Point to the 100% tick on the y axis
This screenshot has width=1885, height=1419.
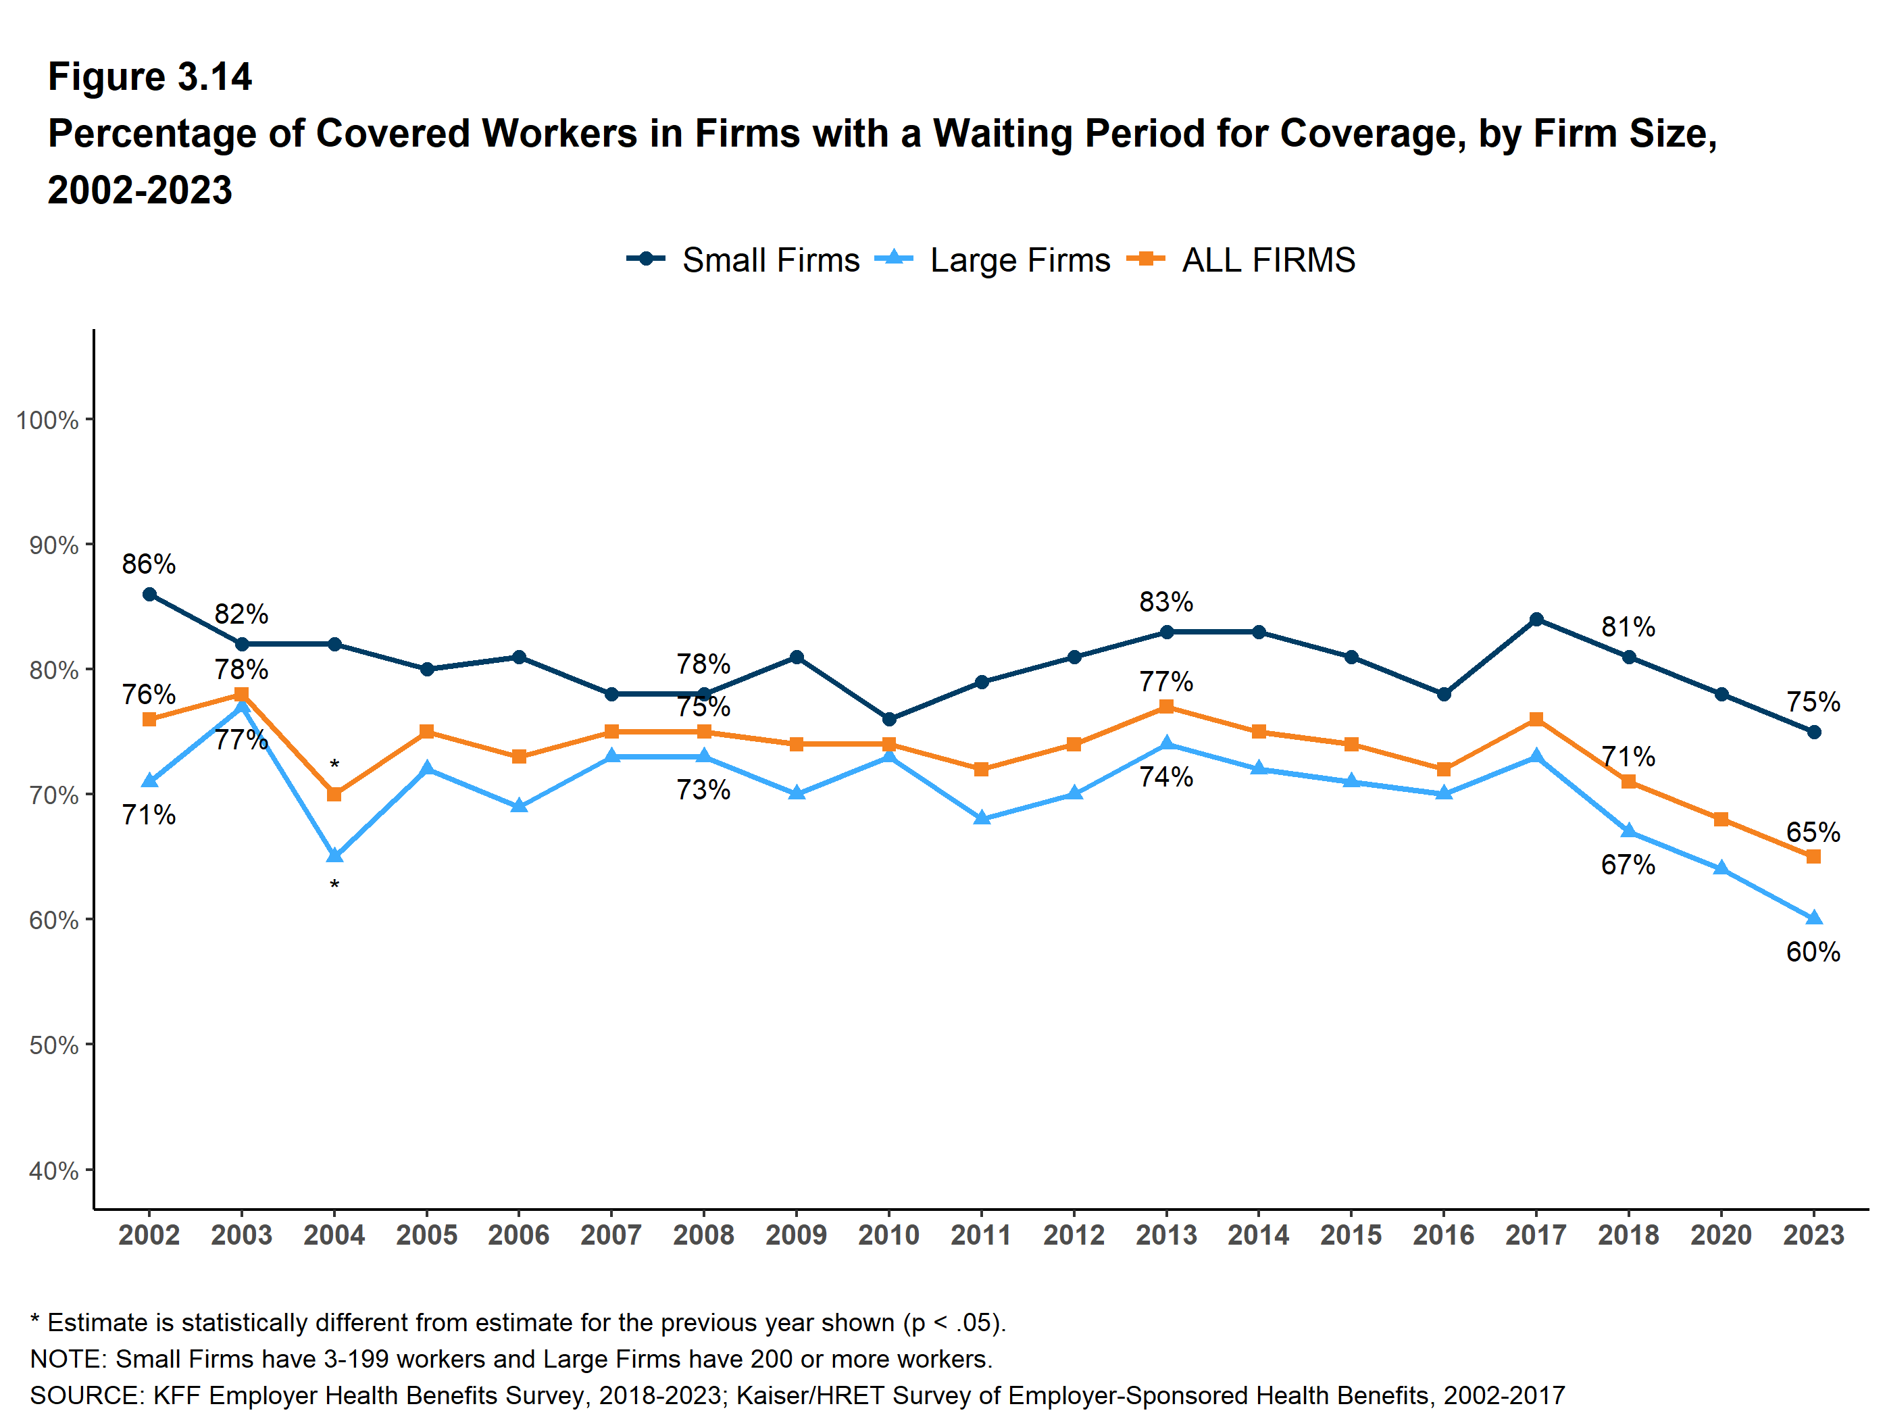pos(48,420)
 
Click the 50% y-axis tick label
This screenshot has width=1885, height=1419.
pos(53,1046)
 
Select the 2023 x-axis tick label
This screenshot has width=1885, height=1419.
pos(1813,1235)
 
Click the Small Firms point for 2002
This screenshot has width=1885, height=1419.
pos(149,594)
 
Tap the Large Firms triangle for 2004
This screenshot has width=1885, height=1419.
pos(334,855)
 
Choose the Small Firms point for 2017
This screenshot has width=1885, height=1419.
pos(1536,620)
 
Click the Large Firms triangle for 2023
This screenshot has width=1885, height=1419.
pos(1813,918)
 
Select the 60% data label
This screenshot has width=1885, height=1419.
pos(1813,952)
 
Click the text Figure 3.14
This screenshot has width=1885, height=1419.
pos(149,77)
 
